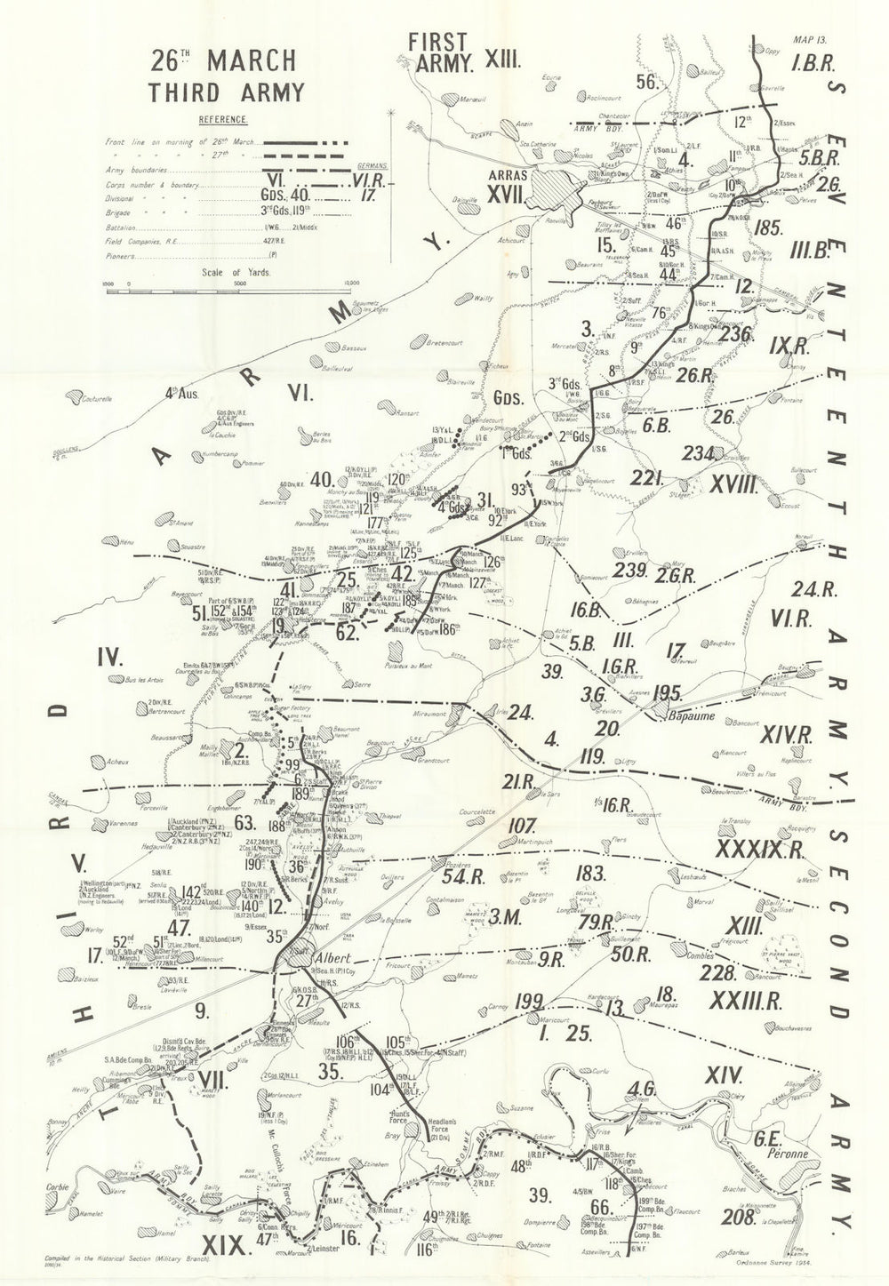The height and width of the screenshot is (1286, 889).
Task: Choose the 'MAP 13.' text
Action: pos(810,41)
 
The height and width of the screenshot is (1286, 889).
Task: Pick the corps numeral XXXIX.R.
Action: pos(758,850)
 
